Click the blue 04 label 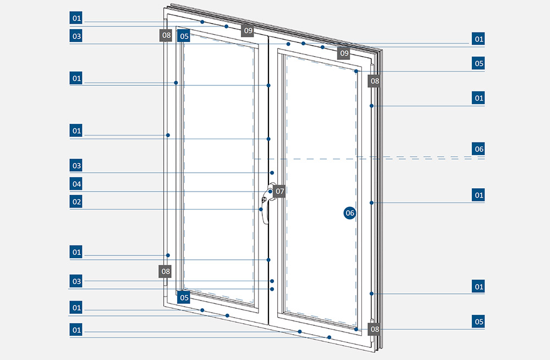pyautogui.click(x=76, y=183)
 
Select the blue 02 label pyautogui.click(x=76, y=201)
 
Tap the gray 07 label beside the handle pyautogui.click(x=279, y=192)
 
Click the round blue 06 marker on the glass pyautogui.click(x=349, y=212)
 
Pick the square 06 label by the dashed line pyautogui.click(x=479, y=149)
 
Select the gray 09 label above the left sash pyautogui.click(x=248, y=30)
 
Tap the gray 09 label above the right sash pyautogui.click(x=344, y=53)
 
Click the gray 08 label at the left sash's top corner pyautogui.click(x=166, y=36)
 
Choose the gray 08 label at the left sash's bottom pyautogui.click(x=165, y=271)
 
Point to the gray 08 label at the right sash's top pyautogui.click(x=375, y=81)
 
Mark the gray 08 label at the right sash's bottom pyautogui.click(x=375, y=329)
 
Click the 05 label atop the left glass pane pyautogui.click(x=184, y=36)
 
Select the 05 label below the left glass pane pyautogui.click(x=184, y=298)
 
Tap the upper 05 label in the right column pyautogui.click(x=479, y=63)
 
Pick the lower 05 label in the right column pyautogui.click(x=479, y=321)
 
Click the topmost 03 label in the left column pyautogui.click(x=76, y=36)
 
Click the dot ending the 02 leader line pyautogui.click(x=261, y=209)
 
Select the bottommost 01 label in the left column pyautogui.click(x=76, y=330)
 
